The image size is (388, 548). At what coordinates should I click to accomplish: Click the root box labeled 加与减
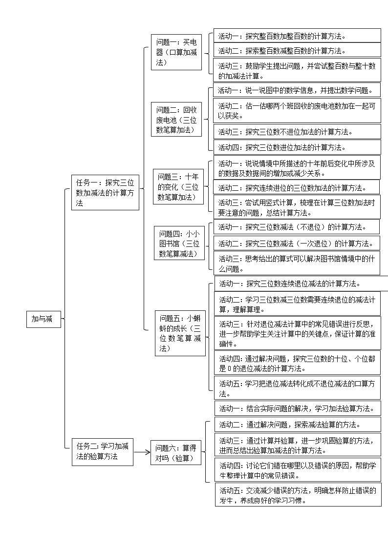point(43,319)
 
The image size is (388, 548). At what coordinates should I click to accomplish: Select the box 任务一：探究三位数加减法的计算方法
point(105,193)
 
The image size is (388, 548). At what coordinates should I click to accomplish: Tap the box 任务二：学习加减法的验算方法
point(103,451)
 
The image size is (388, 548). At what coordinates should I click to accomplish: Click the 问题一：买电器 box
point(176,52)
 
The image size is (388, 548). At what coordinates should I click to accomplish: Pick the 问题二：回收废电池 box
point(176,120)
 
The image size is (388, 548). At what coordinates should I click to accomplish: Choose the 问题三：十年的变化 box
point(179,186)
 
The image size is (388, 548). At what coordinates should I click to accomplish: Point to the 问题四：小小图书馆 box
point(179,244)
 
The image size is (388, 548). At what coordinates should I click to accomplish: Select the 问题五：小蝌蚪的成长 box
point(180,333)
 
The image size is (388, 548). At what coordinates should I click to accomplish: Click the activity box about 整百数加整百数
point(297,36)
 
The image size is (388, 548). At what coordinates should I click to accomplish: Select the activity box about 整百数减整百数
point(297,50)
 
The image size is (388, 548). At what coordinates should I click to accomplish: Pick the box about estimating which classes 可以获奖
point(297,111)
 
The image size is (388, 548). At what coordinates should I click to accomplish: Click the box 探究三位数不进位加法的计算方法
point(297,131)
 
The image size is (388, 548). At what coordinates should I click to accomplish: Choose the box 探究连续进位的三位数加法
point(297,187)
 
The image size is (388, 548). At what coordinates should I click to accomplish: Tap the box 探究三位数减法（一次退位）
point(297,243)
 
